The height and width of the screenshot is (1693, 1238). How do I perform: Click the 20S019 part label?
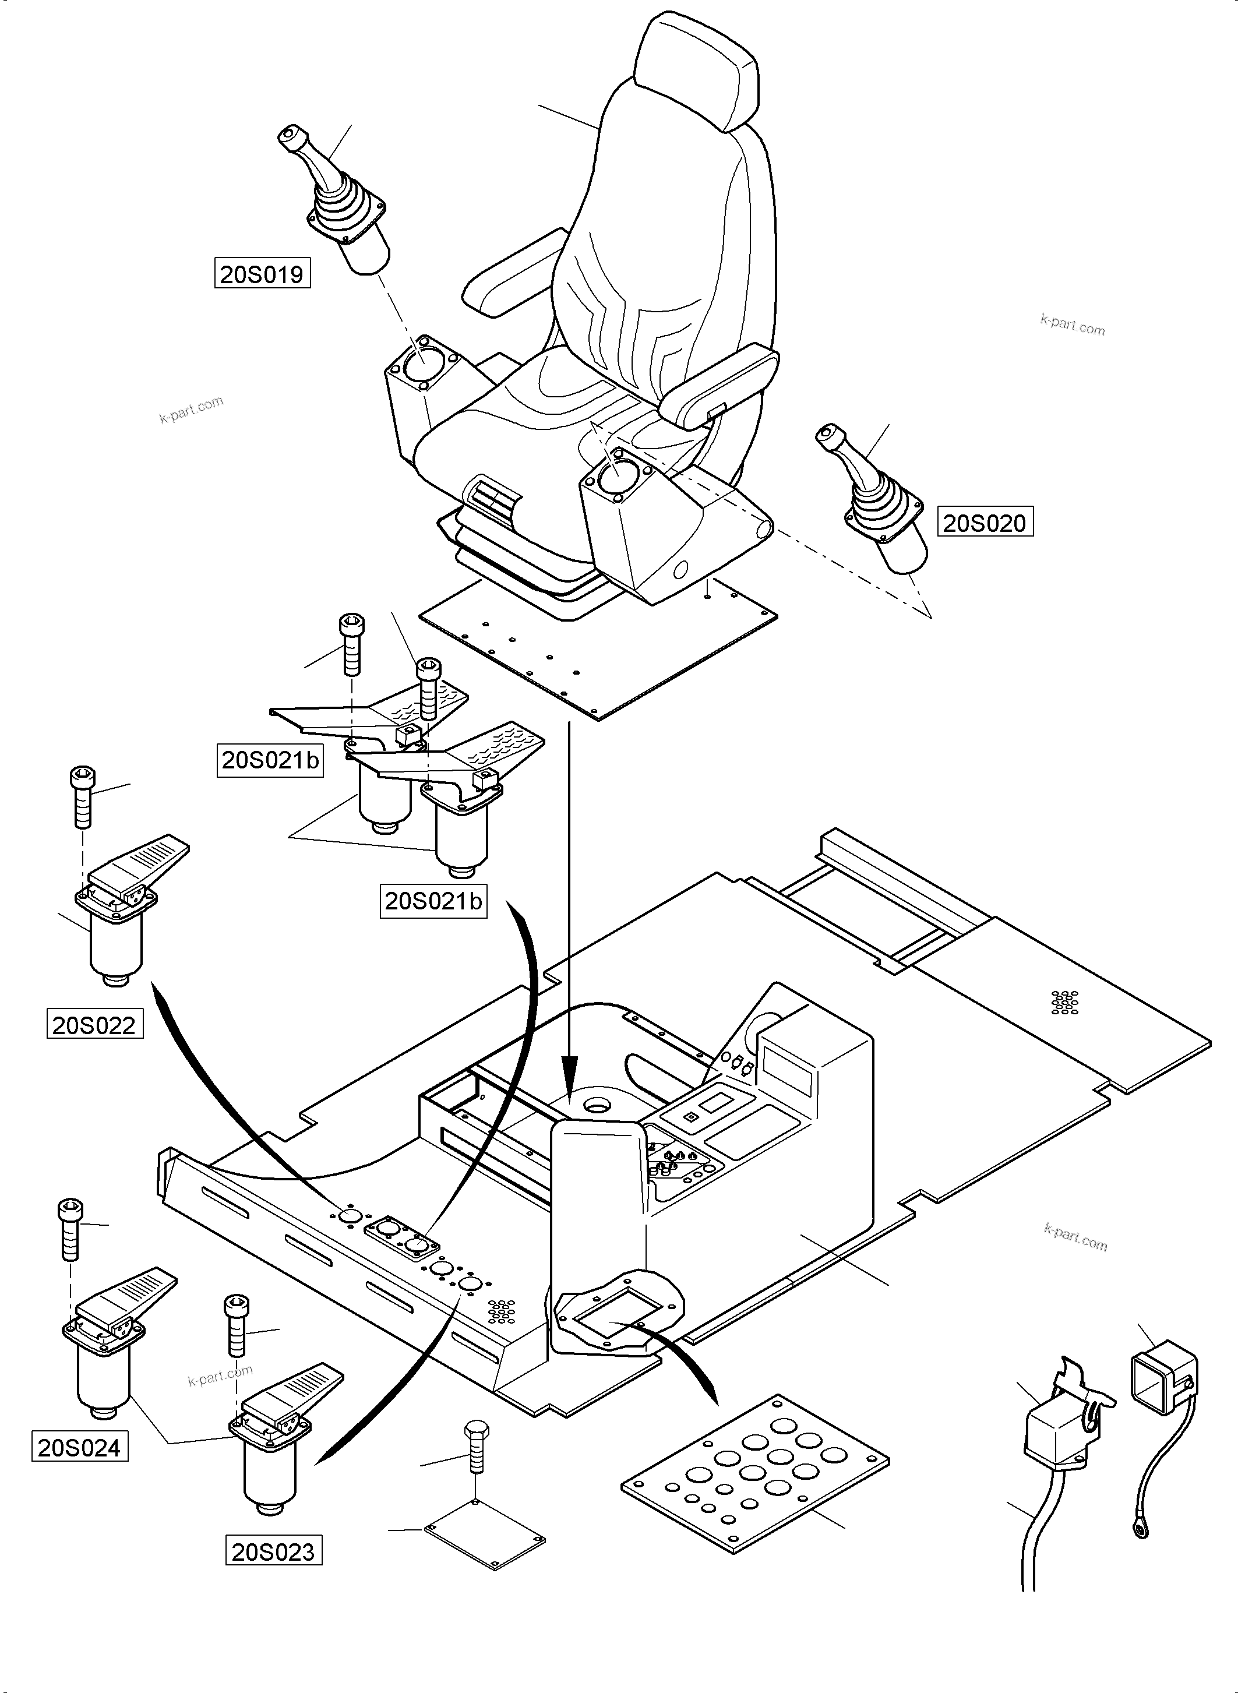coord(262,274)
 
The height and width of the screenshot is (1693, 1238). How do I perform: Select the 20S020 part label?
coord(985,523)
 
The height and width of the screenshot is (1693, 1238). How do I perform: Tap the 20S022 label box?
coord(94,1025)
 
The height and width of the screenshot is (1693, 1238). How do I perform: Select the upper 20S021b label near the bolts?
coord(270,760)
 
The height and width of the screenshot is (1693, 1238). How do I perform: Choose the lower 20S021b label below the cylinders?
coord(433,901)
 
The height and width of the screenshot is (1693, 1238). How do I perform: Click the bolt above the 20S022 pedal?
coord(82,796)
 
